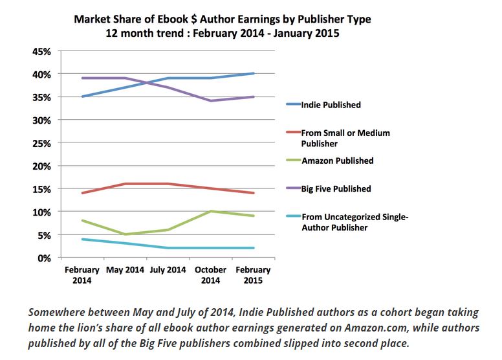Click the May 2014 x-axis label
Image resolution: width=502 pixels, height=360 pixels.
pos(125,270)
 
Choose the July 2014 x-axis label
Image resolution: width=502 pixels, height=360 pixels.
pos(168,270)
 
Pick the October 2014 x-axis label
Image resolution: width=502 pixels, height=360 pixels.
pos(210,275)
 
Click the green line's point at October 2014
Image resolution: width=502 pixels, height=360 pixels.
pos(210,212)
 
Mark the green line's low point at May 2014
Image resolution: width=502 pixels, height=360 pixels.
pos(125,234)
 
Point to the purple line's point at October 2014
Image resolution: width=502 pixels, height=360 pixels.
pos(210,101)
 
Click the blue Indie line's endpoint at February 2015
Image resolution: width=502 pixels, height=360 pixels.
pos(253,74)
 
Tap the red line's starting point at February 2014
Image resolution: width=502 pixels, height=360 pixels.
pos(82,193)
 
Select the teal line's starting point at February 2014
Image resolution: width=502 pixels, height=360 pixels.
pos(82,239)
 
